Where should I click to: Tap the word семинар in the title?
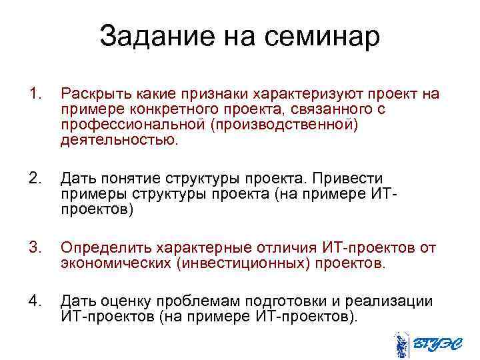pyautogui.click(x=325, y=36)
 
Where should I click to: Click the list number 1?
pyautogui.click(x=36, y=94)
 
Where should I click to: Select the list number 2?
pyautogui.click(x=36, y=179)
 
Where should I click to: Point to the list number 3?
pyautogui.click(x=36, y=249)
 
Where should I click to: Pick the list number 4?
pyautogui.click(x=36, y=302)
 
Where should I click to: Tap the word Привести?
pyautogui.click(x=345, y=179)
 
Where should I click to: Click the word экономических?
pyautogui.click(x=113, y=264)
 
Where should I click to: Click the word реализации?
pyautogui.click(x=392, y=302)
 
